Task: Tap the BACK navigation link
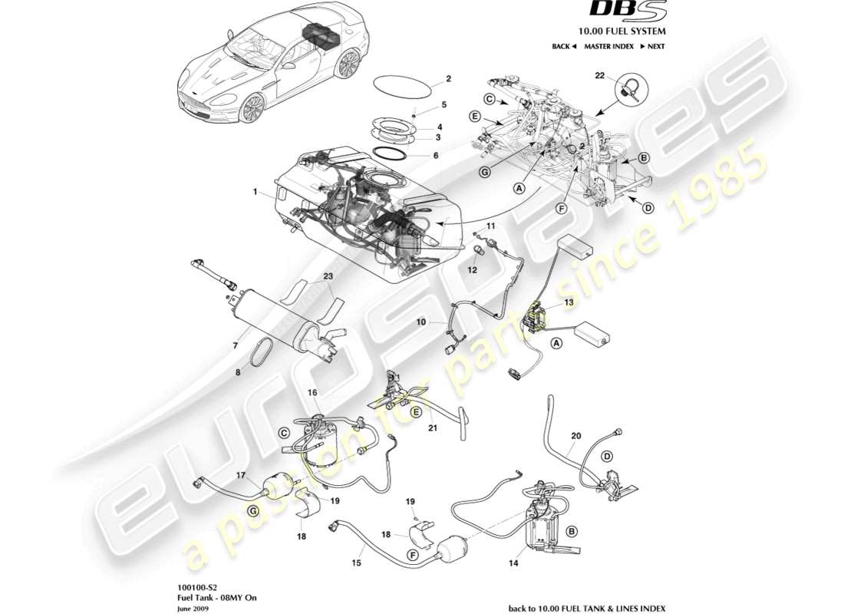pyautogui.click(x=564, y=47)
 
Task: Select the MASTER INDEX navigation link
pyautogui.click(x=608, y=47)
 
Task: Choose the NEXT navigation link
pyautogui.click(x=652, y=47)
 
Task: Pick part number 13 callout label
pyautogui.click(x=569, y=303)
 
